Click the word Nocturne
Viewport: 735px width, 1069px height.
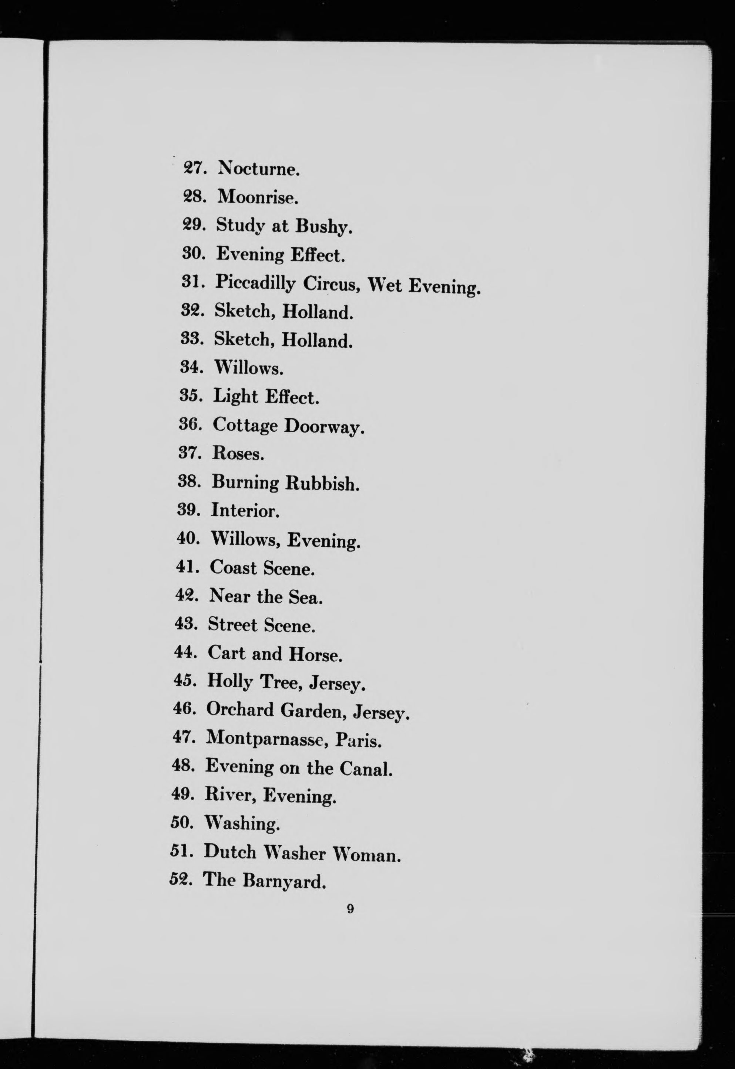click(259, 169)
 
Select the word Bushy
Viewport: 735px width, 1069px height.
click(324, 226)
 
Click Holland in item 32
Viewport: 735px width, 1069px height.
click(318, 312)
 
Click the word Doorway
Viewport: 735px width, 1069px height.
click(324, 426)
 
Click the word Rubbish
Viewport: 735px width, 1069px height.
click(322, 483)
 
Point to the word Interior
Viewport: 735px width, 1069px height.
click(245, 511)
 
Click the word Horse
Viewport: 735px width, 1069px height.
click(315, 654)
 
